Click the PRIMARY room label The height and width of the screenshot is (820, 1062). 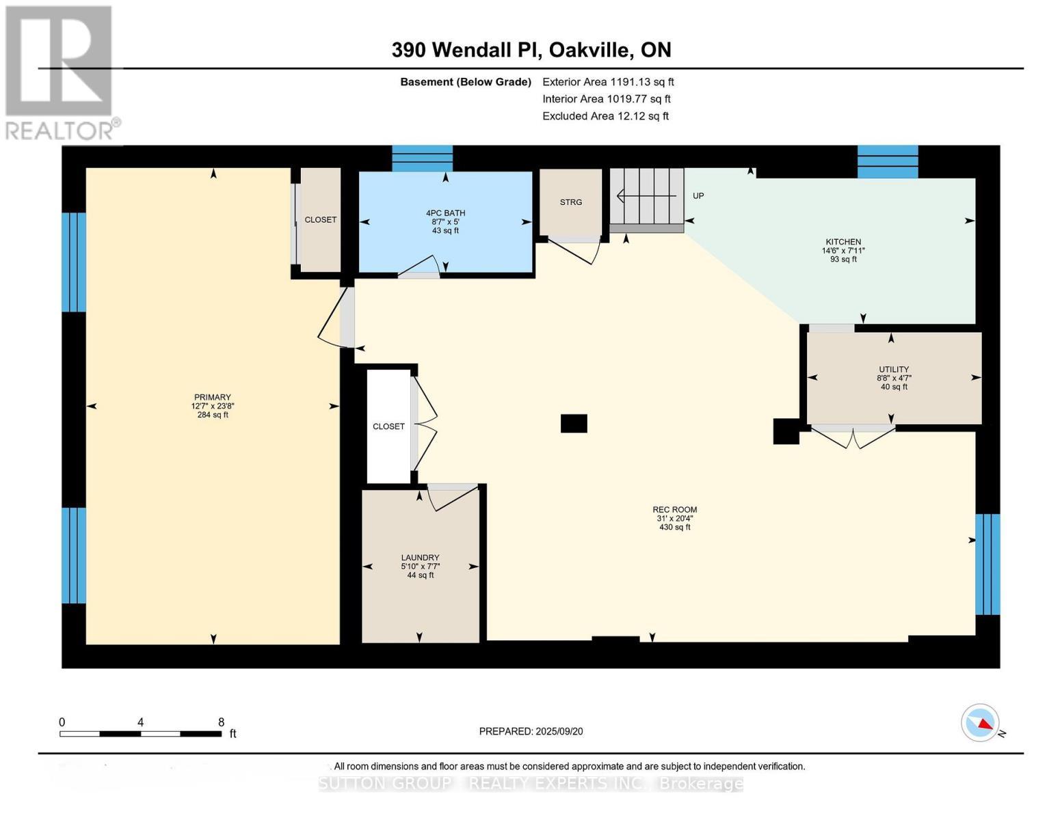click(213, 397)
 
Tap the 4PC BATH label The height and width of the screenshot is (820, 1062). click(445, 213)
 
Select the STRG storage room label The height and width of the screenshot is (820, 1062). click(571, 202)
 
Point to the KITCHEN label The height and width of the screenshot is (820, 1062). click(843, 242)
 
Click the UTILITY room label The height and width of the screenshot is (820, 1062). click(894, 370)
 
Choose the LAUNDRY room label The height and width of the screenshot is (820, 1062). click(420, 558)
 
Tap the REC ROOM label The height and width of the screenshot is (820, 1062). click(674, 510)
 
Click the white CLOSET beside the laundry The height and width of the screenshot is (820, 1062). click(388, 426)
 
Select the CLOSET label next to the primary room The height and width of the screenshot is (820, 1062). click(320, 220)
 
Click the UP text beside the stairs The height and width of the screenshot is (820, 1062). click(698, 196)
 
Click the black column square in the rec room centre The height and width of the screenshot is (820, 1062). click(574, 424)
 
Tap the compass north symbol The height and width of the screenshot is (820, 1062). click(981, 723)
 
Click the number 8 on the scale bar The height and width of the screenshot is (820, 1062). click(221, 722)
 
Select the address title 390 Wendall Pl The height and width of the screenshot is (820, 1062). click(531, 50)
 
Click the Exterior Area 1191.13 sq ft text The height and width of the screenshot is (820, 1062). click(608, 82)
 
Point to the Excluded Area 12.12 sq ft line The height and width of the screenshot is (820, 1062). click(605, 116)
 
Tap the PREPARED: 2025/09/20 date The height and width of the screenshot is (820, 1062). click(531, 731)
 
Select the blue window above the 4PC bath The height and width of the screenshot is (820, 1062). click(422, 158)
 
